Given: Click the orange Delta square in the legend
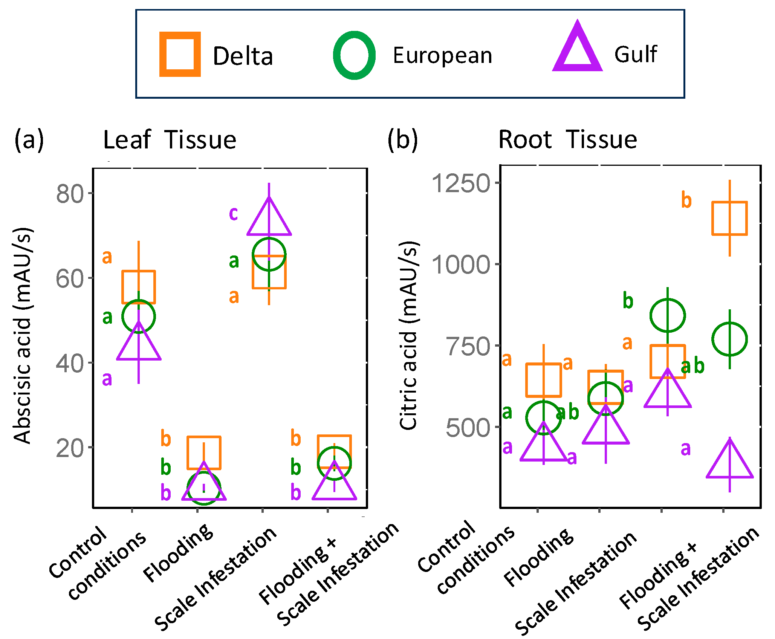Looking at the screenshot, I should point(180,54).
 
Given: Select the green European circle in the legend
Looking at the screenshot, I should point(354,55).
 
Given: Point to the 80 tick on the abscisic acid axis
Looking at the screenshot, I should point(70,194).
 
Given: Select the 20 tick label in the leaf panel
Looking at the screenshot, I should point(70,448).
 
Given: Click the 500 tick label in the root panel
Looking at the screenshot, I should point(468,428).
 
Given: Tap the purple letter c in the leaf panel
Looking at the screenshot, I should point(233,213).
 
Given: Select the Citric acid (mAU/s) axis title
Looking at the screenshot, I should point(408,335).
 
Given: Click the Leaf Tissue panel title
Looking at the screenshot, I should point(170,140).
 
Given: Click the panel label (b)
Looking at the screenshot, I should point(402,140).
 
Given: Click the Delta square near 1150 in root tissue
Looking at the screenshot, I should point(729,219).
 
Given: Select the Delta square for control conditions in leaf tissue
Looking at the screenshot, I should point(139,287).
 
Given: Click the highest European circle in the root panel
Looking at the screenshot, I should point(667,316).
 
